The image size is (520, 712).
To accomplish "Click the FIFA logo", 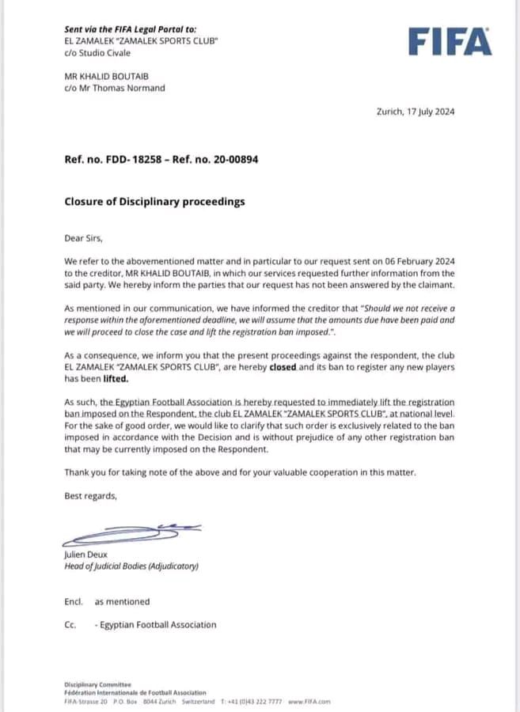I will point(450,41).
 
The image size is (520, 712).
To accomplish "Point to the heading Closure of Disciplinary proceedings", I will point(154,202).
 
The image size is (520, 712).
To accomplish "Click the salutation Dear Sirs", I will point(84,237).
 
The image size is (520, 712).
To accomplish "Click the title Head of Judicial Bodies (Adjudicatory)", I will point(131,566).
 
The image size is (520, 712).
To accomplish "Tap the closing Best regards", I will point(91,496).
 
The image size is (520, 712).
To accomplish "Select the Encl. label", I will point(74,602).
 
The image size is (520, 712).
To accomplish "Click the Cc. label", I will point(70,625).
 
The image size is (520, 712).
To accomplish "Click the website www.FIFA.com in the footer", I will point(309,702).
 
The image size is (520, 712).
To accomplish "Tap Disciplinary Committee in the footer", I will point(98,684).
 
